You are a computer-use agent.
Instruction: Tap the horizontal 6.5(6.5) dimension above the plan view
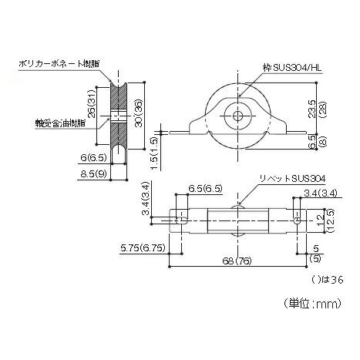click(205, 188)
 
